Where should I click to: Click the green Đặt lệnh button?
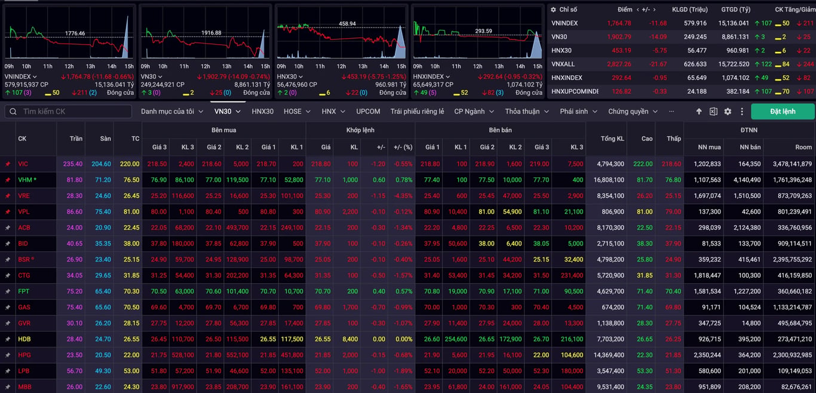coord(783,112)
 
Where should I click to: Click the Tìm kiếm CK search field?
coord(68,112)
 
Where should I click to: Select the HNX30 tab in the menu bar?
coord(262,112)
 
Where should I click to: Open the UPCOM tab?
coord(368,112)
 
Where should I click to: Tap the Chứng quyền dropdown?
coord(633,112)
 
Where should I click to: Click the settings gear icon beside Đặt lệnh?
coord(728,112)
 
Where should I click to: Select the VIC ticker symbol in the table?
coord(23,164)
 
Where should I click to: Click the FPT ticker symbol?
coord(24,291)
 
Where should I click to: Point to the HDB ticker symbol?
coord(24,339)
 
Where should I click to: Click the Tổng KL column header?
coord(612,139)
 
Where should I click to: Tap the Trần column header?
coord(76,139)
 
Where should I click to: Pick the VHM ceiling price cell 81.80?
coord(74,180)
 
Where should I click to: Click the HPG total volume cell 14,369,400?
coord(609,355)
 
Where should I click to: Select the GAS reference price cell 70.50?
coord(131,308)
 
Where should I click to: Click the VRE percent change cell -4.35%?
coord(403,196)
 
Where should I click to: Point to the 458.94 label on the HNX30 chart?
coord(347,24)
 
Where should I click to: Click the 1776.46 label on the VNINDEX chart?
coord(75,33)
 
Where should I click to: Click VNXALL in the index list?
coord(563,64)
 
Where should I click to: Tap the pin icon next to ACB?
coord(8,228)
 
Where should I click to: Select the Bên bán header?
coord(500,130)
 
